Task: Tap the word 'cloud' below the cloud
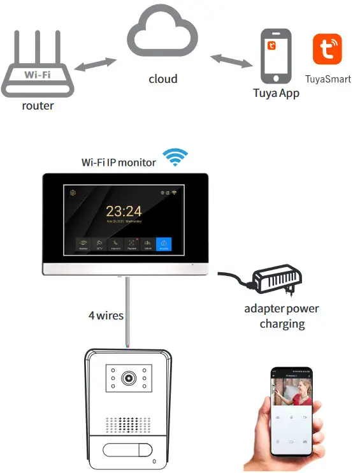(x=163, y=79)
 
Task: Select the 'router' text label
(x=38, y=106)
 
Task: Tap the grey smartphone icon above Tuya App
(x=275, y=56)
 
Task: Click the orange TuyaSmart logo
(x=327, y=50)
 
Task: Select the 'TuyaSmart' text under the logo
(x=328, y=80)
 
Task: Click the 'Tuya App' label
(x=276, y=93)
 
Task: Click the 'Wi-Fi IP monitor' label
(x=119, y=163)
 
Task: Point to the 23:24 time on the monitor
(x=124, y=211)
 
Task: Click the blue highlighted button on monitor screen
(x=164, y=243)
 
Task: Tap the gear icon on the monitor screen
(x=73, y=193)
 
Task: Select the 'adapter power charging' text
(x=282, y=316)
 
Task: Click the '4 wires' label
(x=106, y=315)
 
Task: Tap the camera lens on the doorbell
(x=129, y=378)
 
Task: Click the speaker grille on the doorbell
(x=129, y=425)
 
